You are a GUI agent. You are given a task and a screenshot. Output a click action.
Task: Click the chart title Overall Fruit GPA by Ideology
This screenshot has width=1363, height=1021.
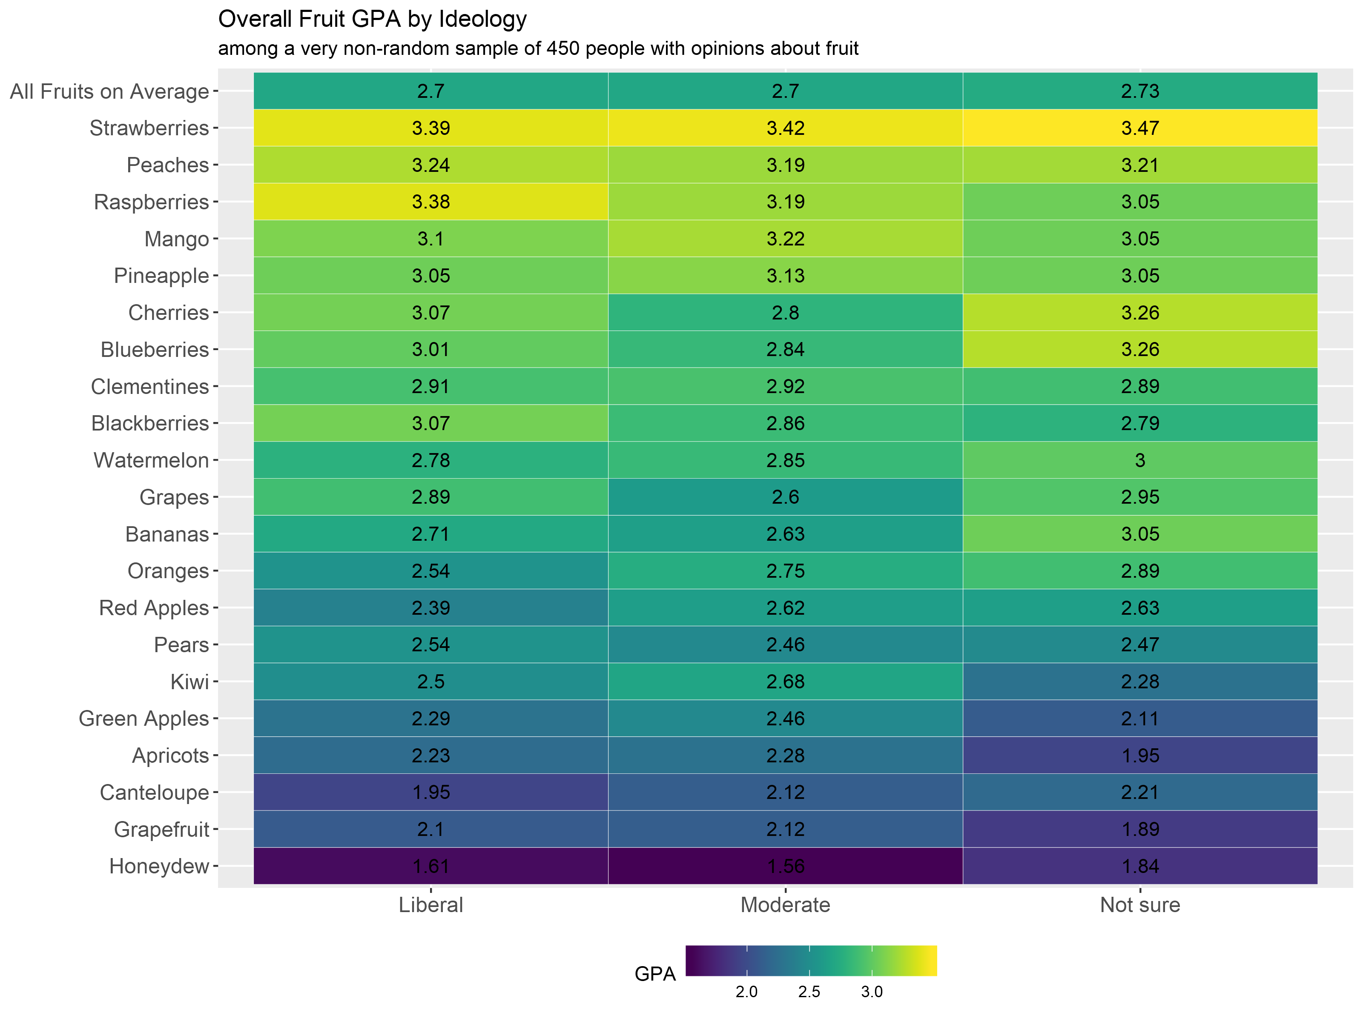372,20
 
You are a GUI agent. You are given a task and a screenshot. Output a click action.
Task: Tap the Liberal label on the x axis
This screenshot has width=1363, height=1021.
431,904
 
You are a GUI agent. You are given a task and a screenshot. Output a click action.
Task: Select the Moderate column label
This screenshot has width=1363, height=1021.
785,904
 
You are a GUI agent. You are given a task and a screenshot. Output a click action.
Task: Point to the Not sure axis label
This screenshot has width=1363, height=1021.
1140,904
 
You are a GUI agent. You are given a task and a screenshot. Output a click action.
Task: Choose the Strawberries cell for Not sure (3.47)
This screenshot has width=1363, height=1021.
1140,128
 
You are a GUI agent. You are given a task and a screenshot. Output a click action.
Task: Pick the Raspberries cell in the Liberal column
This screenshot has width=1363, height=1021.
431,202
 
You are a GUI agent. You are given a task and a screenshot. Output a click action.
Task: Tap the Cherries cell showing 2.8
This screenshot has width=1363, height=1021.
785,313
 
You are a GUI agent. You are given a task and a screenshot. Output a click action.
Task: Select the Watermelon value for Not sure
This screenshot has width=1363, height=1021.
1140,460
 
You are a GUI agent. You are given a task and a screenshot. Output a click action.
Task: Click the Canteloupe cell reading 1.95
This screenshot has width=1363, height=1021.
431,793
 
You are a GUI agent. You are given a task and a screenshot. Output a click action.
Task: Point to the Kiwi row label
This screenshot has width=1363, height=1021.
190,682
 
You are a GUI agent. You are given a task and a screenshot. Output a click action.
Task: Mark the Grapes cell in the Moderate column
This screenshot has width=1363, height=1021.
785,497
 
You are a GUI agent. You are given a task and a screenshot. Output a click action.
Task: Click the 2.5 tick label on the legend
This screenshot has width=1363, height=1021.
809,992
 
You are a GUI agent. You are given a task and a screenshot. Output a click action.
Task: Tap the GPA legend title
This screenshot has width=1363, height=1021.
655,974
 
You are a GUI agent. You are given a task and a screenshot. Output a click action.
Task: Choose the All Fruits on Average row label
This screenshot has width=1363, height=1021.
110,91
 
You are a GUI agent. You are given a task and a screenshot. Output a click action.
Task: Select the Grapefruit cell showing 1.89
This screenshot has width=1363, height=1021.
1140,830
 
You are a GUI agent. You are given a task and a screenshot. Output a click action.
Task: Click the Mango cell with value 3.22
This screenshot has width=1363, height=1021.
785,239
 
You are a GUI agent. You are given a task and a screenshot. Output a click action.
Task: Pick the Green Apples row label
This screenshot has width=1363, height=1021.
143,719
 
